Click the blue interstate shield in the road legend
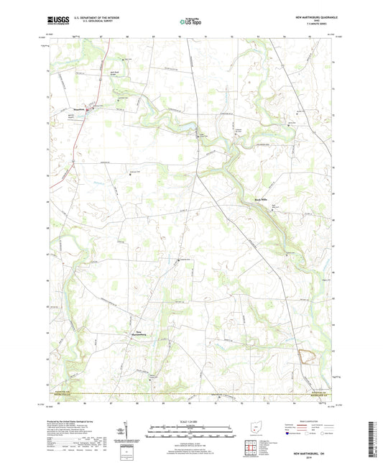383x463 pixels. pos(288,434)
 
